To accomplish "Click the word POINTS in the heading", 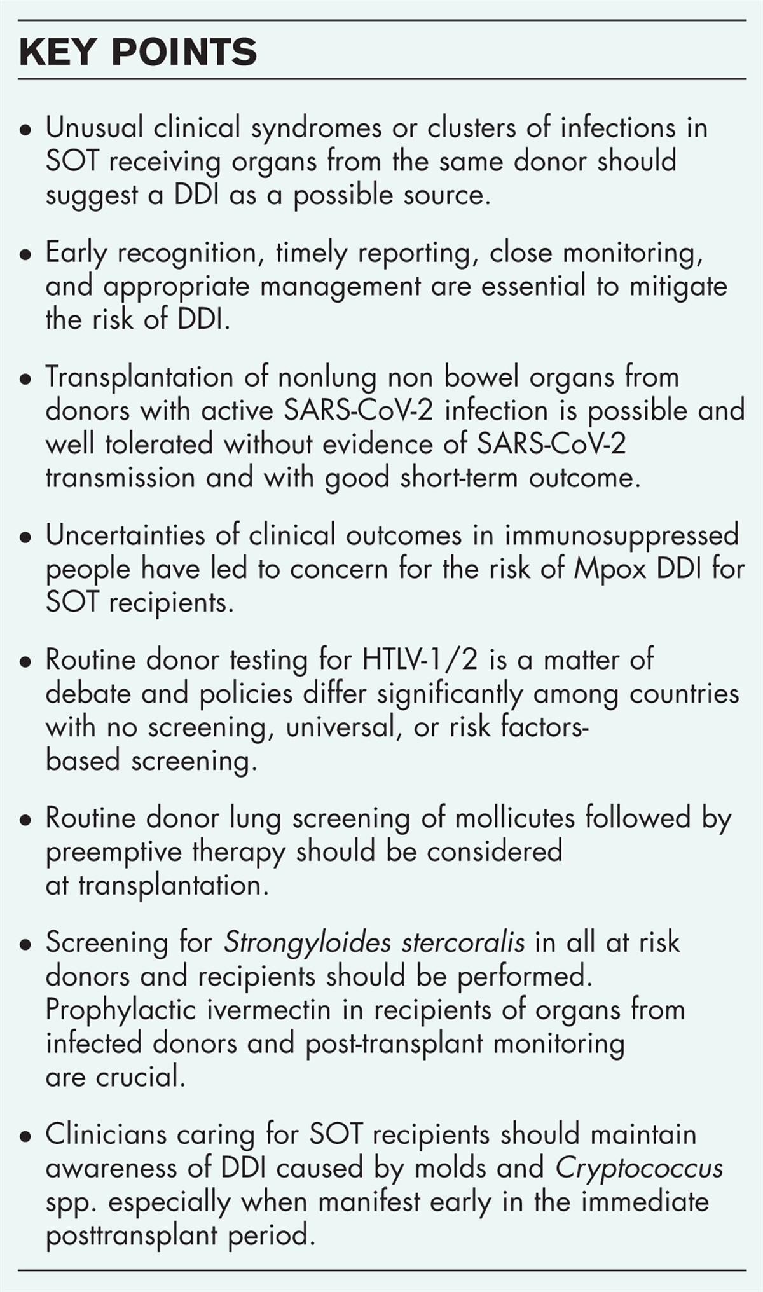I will (184, 53).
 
